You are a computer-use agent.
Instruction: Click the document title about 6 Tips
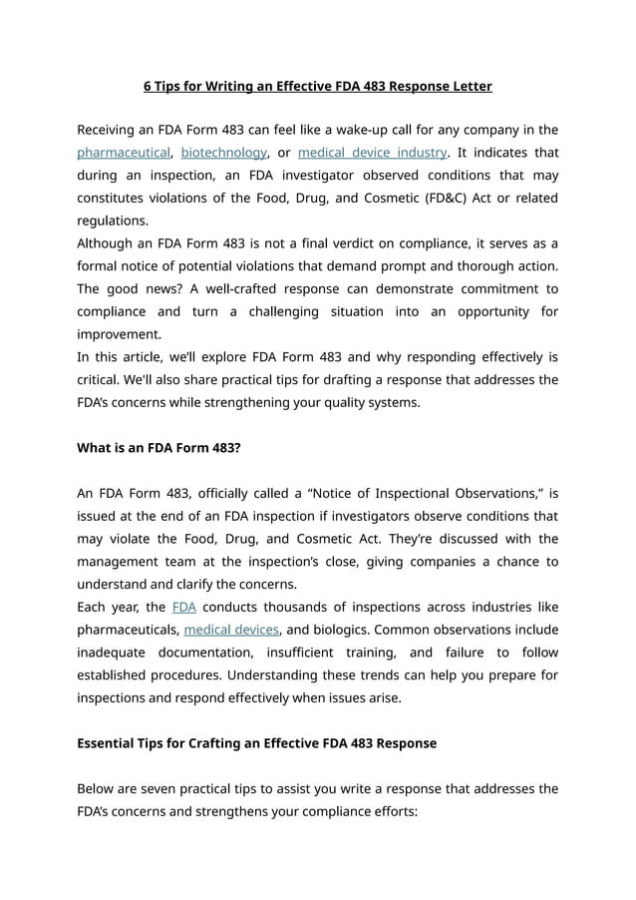pyautogui.click(x=317, y=86)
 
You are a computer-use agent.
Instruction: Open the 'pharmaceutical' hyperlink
pyautogui.click(x=124, y=153)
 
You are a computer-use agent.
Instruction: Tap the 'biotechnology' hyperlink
pyautogui.click(x=223, y=153)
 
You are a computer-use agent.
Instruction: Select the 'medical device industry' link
pyautogui.click(x=372, y=153)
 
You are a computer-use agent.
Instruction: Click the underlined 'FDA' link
pyautogui.click(x=183, y=607)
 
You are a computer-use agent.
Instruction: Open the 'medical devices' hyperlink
pyautogui.click(x=231, y=630)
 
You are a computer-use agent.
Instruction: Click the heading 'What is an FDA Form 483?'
pyautogui.click(x=159, y=448)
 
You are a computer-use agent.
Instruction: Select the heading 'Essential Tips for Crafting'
pyautogui.click(x=256, y=743)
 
